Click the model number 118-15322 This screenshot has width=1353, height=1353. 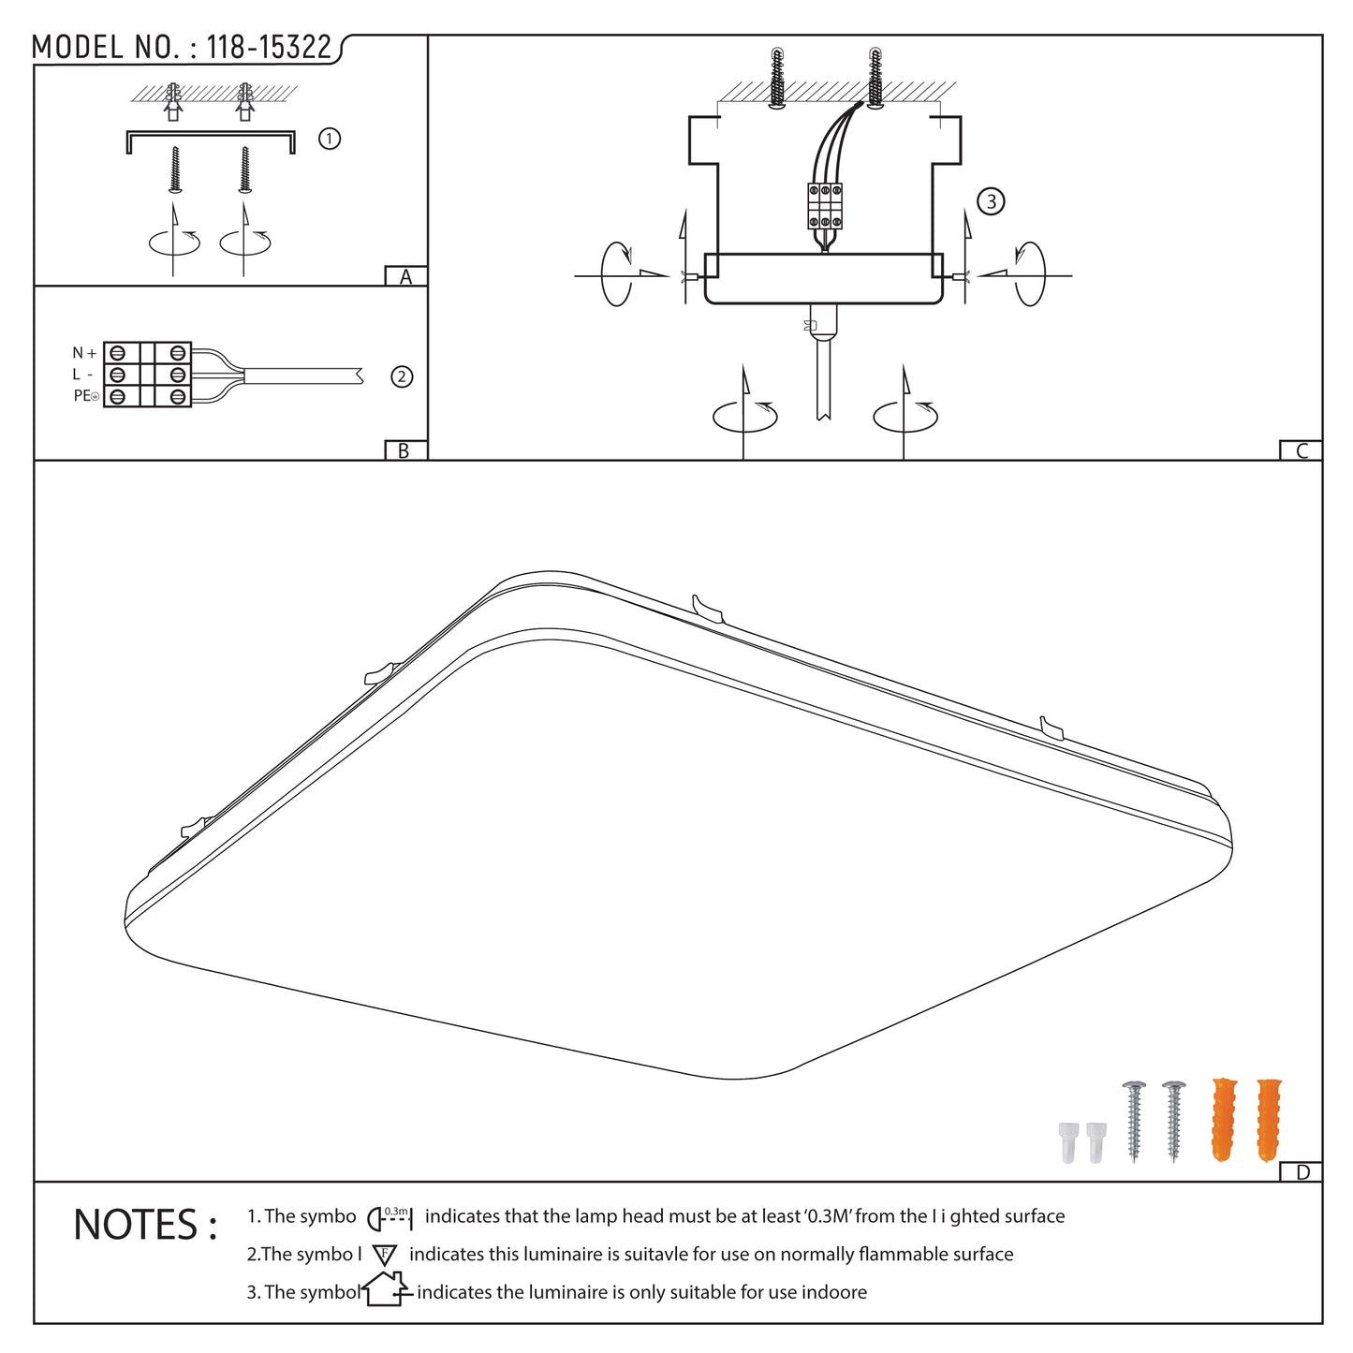pos(268,47)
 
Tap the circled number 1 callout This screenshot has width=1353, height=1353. pos(330,139)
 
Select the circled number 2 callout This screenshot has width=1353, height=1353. pos(402,377)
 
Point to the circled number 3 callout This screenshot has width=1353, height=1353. pos(991,201)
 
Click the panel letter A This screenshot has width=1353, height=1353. pos(405,276)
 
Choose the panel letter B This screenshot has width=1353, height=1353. pos(404,450)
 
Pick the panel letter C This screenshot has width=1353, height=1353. pos(1302,450)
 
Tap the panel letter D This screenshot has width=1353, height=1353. pos(1302,1172)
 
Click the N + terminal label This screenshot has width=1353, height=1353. pos(84,353)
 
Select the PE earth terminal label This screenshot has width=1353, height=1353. pos(85,396)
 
